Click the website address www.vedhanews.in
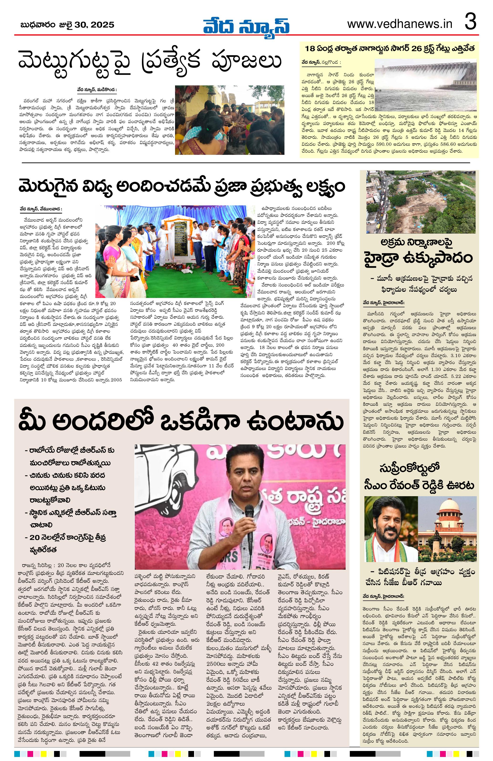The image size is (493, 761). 400,24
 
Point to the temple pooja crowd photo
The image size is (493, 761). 229,120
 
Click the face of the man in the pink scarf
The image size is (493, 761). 245,483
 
